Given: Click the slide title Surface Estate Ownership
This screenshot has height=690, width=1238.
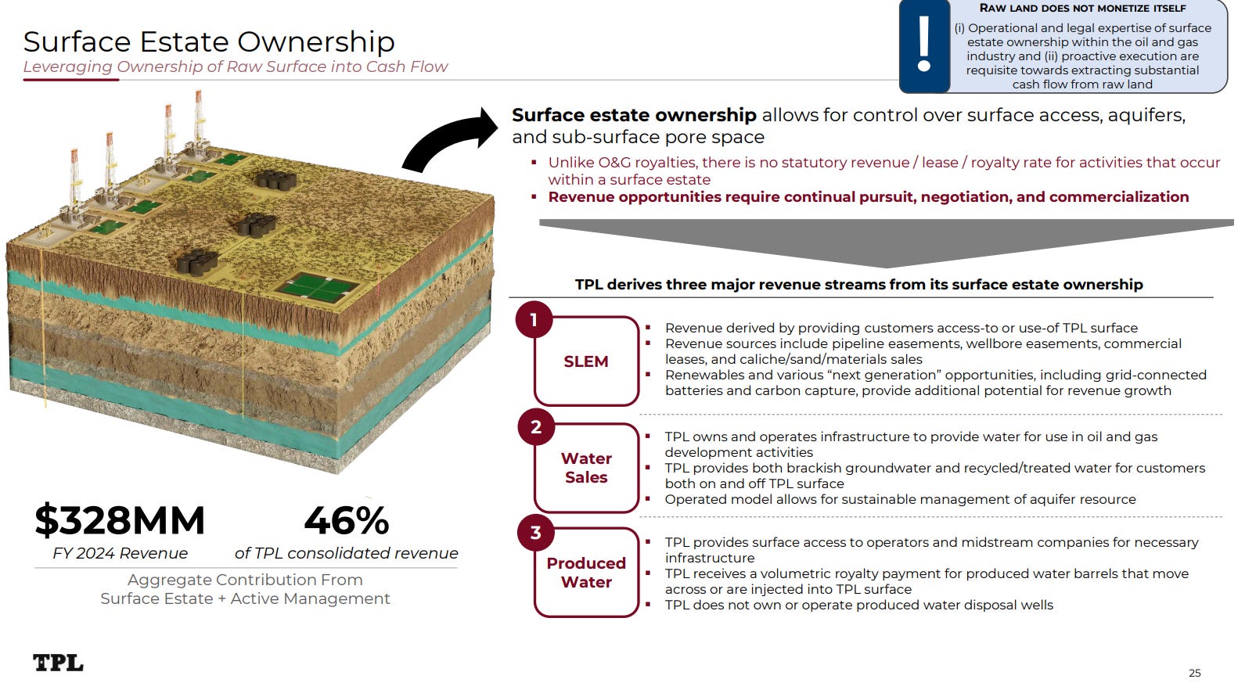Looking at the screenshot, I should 209,41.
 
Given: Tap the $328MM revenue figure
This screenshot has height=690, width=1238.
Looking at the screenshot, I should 120,520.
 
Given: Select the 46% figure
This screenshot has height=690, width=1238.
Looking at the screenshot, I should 346,520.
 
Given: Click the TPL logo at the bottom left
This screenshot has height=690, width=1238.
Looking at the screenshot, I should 58,663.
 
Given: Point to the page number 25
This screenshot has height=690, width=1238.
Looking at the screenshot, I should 1194,673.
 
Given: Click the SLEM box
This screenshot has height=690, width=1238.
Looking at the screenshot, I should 586,361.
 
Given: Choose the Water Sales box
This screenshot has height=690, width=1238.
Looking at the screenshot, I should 586,468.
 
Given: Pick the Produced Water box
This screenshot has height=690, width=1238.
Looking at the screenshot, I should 586,573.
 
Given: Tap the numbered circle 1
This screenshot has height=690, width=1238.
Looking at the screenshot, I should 534,320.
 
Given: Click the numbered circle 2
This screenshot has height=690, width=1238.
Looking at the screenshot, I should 536,427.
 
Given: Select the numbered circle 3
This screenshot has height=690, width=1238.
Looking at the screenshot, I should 536,533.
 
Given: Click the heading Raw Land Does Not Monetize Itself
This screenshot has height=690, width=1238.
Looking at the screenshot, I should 1082,9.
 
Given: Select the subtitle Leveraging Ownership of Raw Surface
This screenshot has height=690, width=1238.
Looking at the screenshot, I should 235,66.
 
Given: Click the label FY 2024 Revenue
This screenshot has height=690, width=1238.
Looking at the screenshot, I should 120,553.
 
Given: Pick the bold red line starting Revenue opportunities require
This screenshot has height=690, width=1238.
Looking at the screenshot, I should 868,197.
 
